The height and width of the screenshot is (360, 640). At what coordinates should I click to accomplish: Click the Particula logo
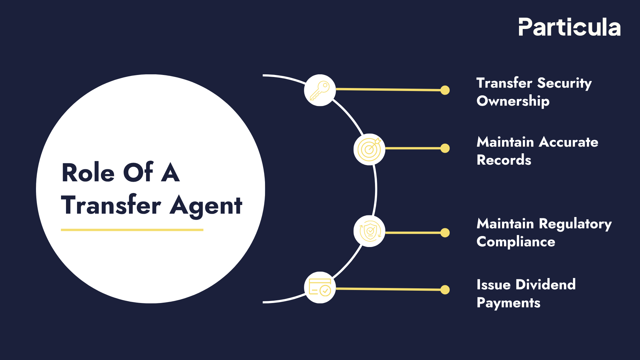click(x=569, y=27)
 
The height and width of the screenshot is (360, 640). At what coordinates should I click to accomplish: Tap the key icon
click(x=320, y=90)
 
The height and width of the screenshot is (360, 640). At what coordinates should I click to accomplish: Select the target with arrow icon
click(x=369, y=149)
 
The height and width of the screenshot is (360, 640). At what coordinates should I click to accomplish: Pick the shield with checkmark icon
click(x=369, y=231)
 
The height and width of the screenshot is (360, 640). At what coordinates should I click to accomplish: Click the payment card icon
click(x=320, y=287)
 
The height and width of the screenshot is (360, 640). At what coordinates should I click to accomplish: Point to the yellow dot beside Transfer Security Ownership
click(x=445, y=90)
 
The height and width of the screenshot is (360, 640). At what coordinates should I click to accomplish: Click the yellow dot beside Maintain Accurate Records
click(x=445, y=148)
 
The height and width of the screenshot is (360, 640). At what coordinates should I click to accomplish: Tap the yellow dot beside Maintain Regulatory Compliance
click(x=445, y=233)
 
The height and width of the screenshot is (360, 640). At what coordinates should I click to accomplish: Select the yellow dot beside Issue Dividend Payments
click(x=445, y=290)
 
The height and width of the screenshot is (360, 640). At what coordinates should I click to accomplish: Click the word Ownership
click(x=513, y=101)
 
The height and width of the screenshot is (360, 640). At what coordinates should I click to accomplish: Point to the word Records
click(x=504, y=160)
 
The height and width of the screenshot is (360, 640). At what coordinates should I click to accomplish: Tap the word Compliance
click(x=516, y=242)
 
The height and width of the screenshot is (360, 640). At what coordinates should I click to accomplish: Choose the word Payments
click(x=508, y=303)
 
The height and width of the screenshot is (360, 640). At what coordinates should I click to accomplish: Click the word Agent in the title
click(x=206, y=206)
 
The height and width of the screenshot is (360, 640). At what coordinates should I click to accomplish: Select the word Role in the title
click(x=88, y=173)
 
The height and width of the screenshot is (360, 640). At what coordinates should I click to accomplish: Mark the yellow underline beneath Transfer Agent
click(x=132, y=230)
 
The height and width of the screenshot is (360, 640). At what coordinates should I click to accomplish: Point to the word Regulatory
click(x=575, y=224)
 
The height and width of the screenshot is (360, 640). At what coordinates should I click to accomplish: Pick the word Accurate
click(x=568, y=142)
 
